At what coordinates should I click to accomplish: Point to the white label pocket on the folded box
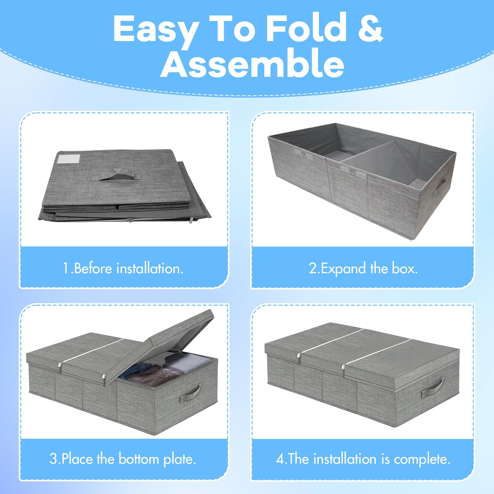pyautogui.click(x=69, y=159)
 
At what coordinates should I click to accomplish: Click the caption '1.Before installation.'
pyautogui.click(x=123, y=268)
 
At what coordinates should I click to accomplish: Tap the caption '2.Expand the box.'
pyautogui.click(x=363, y=268)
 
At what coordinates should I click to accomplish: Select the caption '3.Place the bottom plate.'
pyautogui.click(x=123, y=459)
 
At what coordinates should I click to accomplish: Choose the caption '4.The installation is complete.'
pyautogui.click(x=363, y=459)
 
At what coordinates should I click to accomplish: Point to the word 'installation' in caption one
pyautogui.click(x=150, y=268)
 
